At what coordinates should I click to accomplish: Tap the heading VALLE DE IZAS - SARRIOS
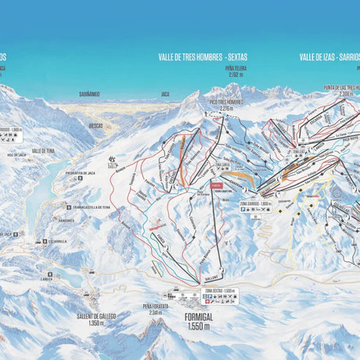coord(328,57)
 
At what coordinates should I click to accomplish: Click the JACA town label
coord(165,95)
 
